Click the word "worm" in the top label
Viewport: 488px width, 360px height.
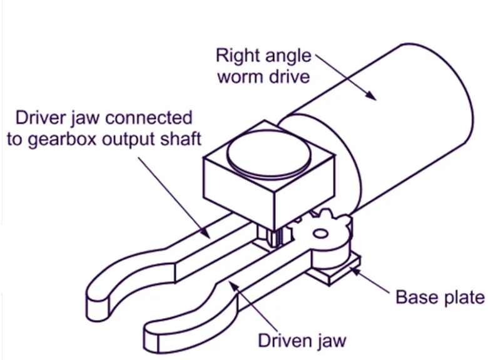pos(238,77)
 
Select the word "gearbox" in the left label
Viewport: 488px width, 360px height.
pos(59,138)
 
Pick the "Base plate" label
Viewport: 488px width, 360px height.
pos(440,297)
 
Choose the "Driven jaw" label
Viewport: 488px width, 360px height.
pos(302,341)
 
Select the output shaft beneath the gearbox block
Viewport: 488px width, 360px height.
pos(273,237)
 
